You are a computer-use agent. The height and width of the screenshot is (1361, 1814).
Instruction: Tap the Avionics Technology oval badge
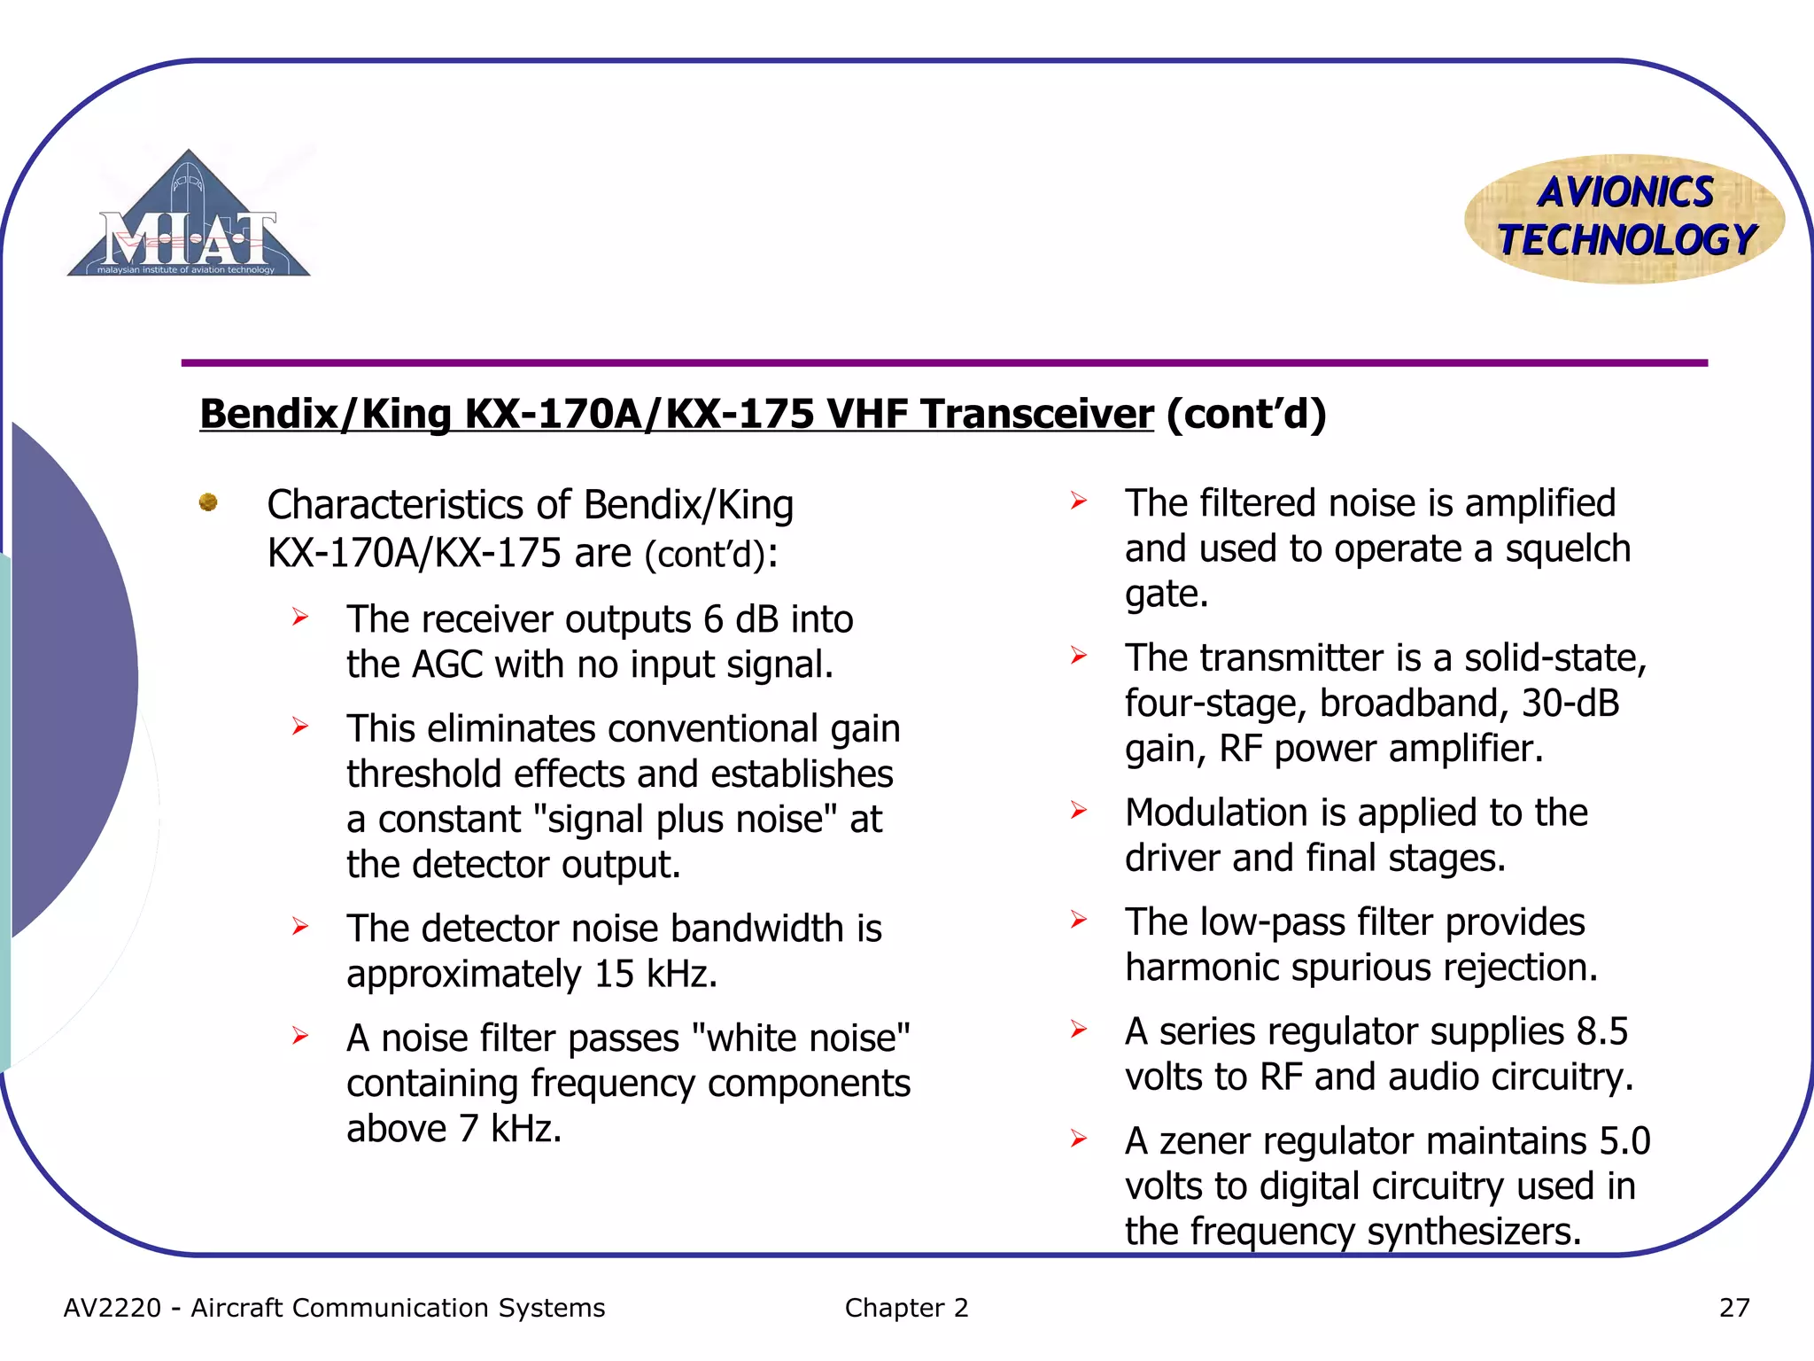point(1624,218)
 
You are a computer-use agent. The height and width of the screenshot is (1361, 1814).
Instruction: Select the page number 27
point(1733,1308)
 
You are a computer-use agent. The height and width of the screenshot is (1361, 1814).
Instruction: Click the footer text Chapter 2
point(906,1308)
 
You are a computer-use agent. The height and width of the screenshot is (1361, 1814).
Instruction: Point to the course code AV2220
point(112,1308)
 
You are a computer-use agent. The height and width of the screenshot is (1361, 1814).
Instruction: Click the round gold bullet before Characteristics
point(208,502)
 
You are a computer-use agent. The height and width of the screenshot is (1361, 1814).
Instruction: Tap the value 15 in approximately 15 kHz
point(614,975)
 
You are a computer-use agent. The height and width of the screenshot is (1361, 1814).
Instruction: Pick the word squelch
point(1568,549)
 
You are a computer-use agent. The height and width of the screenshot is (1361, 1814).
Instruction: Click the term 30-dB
point(1570,704)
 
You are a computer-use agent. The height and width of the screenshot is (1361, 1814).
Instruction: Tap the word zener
point(1205,1141)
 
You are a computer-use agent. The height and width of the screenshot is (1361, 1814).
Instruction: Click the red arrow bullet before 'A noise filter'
point(300,1036)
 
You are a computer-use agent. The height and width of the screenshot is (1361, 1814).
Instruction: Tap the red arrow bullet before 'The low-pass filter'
point(1078,920)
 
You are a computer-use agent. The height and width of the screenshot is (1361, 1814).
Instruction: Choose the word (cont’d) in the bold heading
point(1246,414)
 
